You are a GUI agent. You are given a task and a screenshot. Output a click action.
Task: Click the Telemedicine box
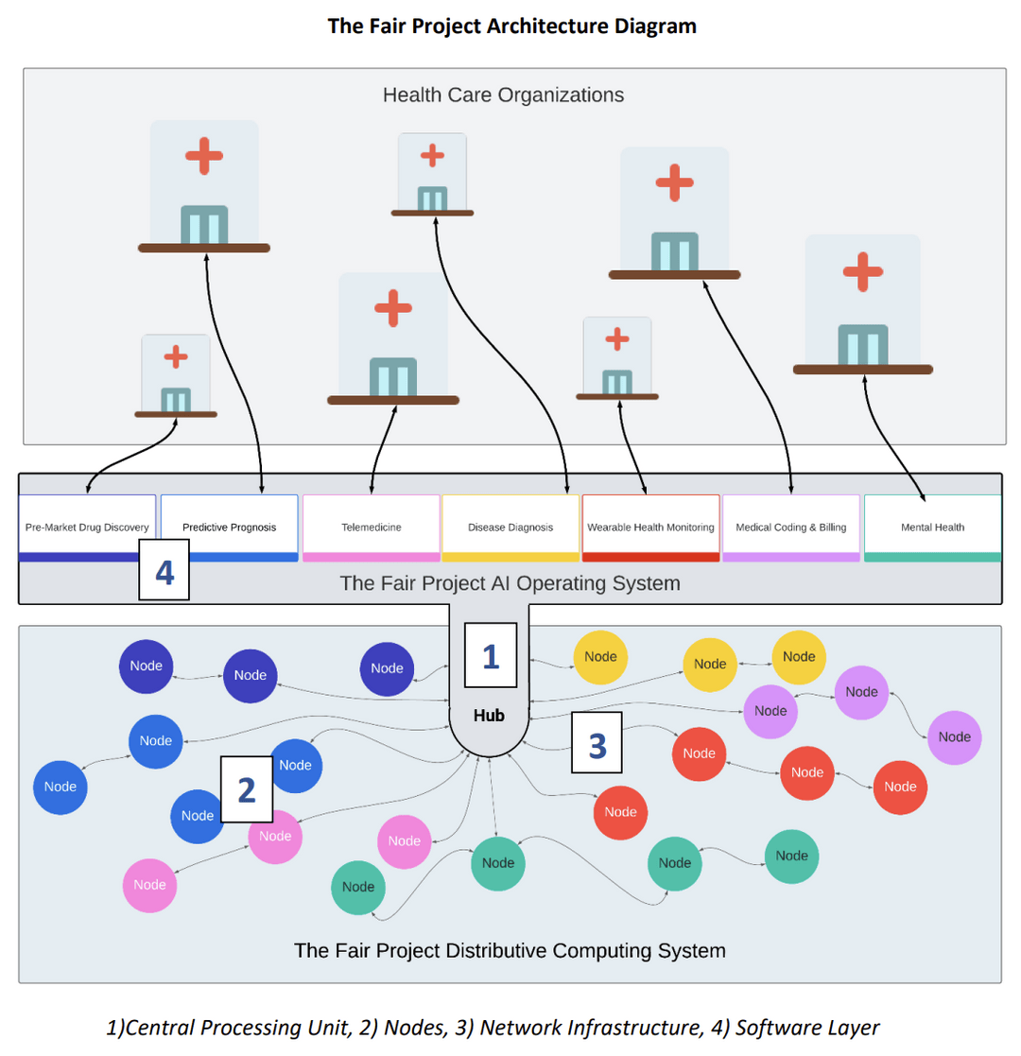[372, 527]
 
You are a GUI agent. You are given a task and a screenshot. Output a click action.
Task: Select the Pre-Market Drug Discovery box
[87, 527]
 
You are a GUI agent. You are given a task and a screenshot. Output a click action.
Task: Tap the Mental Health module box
[932, 527]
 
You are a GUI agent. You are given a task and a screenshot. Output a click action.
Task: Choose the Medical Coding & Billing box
[791, 527]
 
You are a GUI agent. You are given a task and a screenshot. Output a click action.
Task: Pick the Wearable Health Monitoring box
[650, 527]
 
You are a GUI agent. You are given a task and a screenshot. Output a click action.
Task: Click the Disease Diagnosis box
[510, 527]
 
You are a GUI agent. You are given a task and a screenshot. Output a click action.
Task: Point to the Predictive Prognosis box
[229, 527]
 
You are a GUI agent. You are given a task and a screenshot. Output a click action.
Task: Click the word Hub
[489, 716]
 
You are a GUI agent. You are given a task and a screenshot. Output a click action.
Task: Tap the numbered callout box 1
[491, 655]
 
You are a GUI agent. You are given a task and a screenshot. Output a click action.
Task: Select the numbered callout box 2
[246, 789]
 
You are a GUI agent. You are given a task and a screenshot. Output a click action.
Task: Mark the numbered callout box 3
[597, 745]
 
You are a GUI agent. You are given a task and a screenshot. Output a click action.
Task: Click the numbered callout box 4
[164, 570]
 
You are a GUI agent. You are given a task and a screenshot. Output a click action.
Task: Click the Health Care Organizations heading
[503, 95]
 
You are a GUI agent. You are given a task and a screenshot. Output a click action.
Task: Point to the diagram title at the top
[511, 26]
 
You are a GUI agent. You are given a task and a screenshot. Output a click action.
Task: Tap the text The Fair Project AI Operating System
[510, 583]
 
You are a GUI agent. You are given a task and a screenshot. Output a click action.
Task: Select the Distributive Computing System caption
[510, 950]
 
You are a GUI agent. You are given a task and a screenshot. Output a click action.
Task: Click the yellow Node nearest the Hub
[601, 657]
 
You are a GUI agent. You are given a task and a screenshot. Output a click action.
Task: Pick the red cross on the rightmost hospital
[862, 272]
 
